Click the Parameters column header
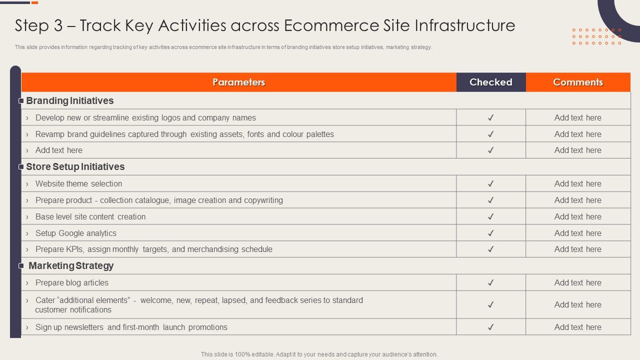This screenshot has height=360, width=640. (x=238, y=82)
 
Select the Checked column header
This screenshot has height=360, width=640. (x=491, y=82)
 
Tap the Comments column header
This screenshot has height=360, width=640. (x=578, y=82)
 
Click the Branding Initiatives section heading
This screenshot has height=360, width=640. (x=70, y=101)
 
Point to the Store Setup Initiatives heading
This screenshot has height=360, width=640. (x=75, y=167)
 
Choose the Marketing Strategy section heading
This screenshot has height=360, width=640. (x=71, y=266)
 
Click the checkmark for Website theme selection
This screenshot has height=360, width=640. (x=491, y=184)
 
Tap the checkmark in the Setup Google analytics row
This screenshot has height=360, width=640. (x=491, y=233)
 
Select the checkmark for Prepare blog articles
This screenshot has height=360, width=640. (x=491, y=282)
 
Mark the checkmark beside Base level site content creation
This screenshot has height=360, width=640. (x=491, y=216)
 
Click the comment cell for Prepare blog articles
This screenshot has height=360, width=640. (x=578, y=282)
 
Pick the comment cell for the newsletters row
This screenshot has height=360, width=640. (x=578, y=327)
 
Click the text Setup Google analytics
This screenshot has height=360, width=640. (x=76, y=233)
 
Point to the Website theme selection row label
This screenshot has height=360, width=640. (x=79, y=184)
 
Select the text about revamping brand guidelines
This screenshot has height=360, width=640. (x=184, y=134)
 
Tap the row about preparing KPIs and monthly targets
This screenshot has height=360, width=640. (x=154, y=249)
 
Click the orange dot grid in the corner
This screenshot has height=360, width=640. (x=596, y=36)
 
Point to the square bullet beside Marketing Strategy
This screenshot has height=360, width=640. (x=21, y=266)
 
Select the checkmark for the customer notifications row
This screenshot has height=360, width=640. (x=491, y=304)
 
